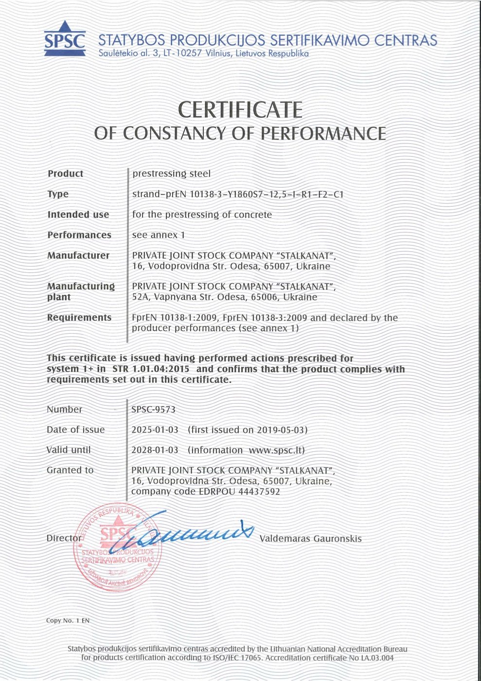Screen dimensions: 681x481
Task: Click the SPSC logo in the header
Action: (64, 39)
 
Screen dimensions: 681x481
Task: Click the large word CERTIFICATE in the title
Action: (240, 109)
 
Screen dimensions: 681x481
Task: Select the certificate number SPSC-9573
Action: (153, 410)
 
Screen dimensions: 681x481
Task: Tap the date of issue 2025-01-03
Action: (155, 430)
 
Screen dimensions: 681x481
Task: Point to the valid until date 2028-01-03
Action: (155, 450)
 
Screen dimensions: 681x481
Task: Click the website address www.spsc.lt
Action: (276, 450)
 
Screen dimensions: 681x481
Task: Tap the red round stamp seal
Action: (116, 547)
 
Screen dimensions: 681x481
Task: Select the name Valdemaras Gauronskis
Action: (310, 538)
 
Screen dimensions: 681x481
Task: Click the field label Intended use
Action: (78, 215)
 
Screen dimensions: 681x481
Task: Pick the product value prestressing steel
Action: (171, 174)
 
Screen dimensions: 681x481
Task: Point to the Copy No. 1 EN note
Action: (68, 621)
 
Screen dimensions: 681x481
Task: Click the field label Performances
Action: (79, 235)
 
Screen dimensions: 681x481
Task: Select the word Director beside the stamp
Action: (64, 538)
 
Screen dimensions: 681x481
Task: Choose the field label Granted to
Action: (70, 470)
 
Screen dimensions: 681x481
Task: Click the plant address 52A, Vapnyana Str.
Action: (173, 297)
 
